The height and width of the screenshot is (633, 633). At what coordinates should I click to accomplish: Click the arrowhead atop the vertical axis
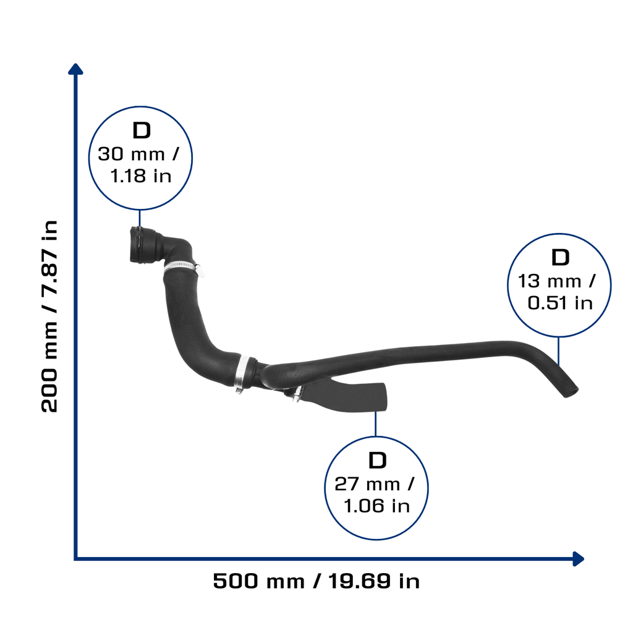click(75, 69)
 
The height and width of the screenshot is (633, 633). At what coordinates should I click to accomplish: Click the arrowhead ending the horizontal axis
click(578, 559)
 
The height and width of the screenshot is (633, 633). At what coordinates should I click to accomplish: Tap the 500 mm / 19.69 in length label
click(316, 581)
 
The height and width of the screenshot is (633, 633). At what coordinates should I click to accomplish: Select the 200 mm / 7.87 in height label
click(49, 316)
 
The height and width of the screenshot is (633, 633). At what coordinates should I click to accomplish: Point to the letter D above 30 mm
click(142, 130)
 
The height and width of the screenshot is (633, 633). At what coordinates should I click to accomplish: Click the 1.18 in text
click(140, 176)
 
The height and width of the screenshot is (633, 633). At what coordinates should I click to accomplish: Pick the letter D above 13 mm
click(560, 257)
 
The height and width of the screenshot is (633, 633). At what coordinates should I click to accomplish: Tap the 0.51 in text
click(560, 303)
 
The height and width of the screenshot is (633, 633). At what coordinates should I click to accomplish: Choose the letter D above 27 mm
click(378, 460)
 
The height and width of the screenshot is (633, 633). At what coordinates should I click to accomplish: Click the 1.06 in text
click(376, 506)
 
